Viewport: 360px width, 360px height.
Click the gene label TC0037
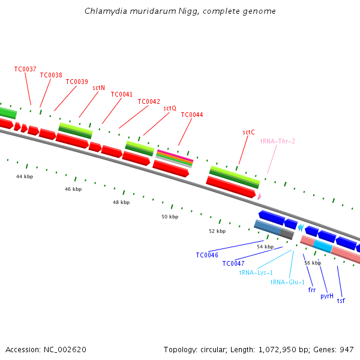(25, 69)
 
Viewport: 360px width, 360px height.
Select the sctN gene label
(99, 88)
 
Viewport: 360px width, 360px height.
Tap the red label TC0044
(192, 115)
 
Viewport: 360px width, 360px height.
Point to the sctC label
(248, 132)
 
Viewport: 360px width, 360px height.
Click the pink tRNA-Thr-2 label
(278, 141)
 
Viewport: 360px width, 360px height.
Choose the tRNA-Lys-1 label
(256, 272)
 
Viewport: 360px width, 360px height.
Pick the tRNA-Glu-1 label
(287, 282)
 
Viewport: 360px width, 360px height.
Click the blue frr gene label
(312, 290)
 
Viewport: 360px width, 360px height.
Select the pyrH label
(327, 296)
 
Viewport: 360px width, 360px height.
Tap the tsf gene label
(341, 301)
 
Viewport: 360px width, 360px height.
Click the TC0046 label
(207, 255)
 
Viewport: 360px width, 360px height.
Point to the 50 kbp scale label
(170, 217)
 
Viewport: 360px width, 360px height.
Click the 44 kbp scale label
(25, 176)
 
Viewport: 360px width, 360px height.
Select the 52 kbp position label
(217, 231)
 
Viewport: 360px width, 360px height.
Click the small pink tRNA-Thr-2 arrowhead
(259, 196)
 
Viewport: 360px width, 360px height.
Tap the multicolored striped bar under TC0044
(175, 159)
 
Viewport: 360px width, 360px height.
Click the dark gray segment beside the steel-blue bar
(287, 234)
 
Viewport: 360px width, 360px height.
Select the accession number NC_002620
(65, 350)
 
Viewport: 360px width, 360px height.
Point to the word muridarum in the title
(153, 11)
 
